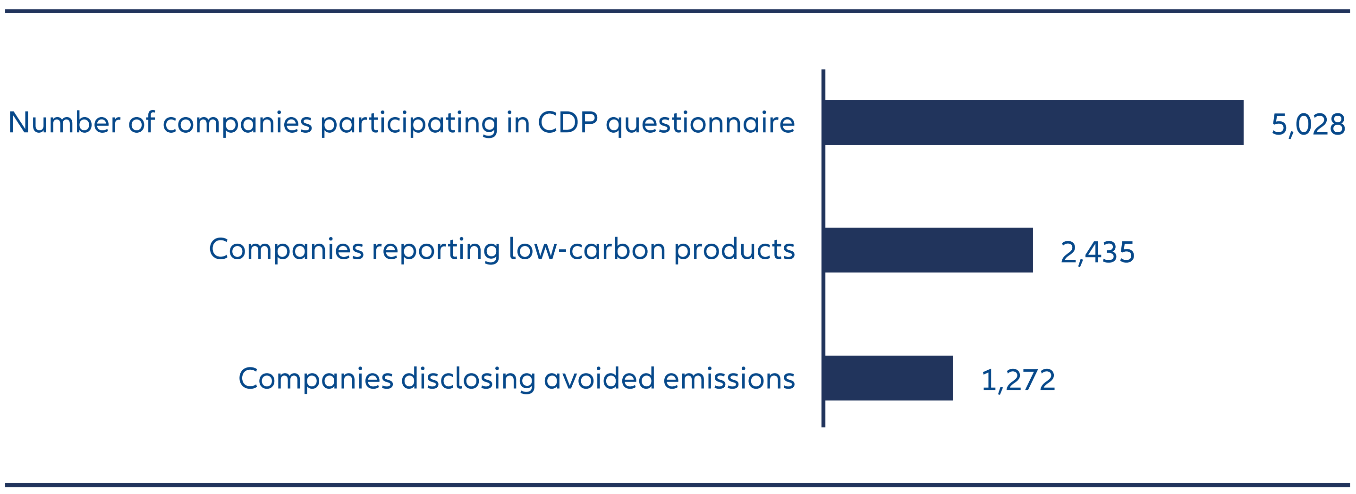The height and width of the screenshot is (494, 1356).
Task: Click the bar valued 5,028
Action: tap(1034, 123)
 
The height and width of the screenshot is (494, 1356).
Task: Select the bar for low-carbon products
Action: tap(929, 250)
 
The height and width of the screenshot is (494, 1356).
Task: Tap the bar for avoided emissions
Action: tap(889, 378)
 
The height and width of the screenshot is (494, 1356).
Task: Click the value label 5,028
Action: tap(1308, 125)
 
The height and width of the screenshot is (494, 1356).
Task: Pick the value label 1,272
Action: tap(1018, 380)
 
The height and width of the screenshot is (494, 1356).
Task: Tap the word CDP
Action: tap(567, 123)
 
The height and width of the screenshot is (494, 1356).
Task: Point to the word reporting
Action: tap(436, 250)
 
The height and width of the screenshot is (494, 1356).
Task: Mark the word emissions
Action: tap(729, 379)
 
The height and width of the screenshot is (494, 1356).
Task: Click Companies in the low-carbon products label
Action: tap(286, 250)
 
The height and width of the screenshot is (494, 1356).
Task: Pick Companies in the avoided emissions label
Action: tap(315, 379)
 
